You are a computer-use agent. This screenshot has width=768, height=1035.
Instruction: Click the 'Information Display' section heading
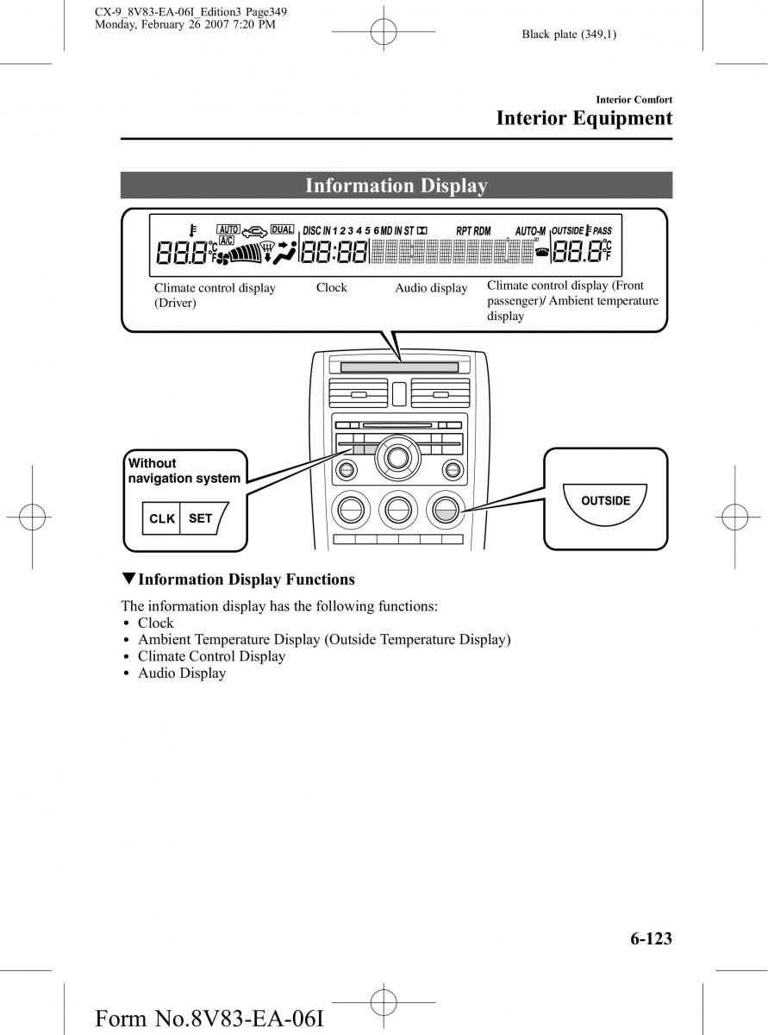pos(396,185)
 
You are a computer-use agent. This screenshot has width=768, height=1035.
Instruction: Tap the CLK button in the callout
pos(161,519)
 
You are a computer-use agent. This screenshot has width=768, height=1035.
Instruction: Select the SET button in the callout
pos(200,518)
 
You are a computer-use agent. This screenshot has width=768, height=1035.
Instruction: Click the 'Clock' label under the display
pos(331,287)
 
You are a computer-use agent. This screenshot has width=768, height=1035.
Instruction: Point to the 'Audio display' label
pos(431,288)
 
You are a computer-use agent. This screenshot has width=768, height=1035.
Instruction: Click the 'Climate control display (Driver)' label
pos(214,295)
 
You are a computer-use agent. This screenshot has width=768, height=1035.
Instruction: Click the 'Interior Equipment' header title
pos(584,118)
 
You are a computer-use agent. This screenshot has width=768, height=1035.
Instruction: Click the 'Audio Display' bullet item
pos(182,673)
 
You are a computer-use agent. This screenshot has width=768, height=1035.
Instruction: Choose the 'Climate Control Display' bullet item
pos(211,655)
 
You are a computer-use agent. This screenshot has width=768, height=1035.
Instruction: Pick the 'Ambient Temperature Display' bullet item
pos(324,639)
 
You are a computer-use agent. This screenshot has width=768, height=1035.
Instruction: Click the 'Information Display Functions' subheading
pos(246,580)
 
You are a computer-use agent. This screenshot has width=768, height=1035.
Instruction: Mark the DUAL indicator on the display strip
pos(282,229)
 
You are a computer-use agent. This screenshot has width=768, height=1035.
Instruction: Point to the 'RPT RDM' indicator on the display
pos(473,231)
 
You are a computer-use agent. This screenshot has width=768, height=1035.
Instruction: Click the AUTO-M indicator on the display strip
pos(530,231)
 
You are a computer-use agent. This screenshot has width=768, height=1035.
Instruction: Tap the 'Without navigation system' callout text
pos(184,471)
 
